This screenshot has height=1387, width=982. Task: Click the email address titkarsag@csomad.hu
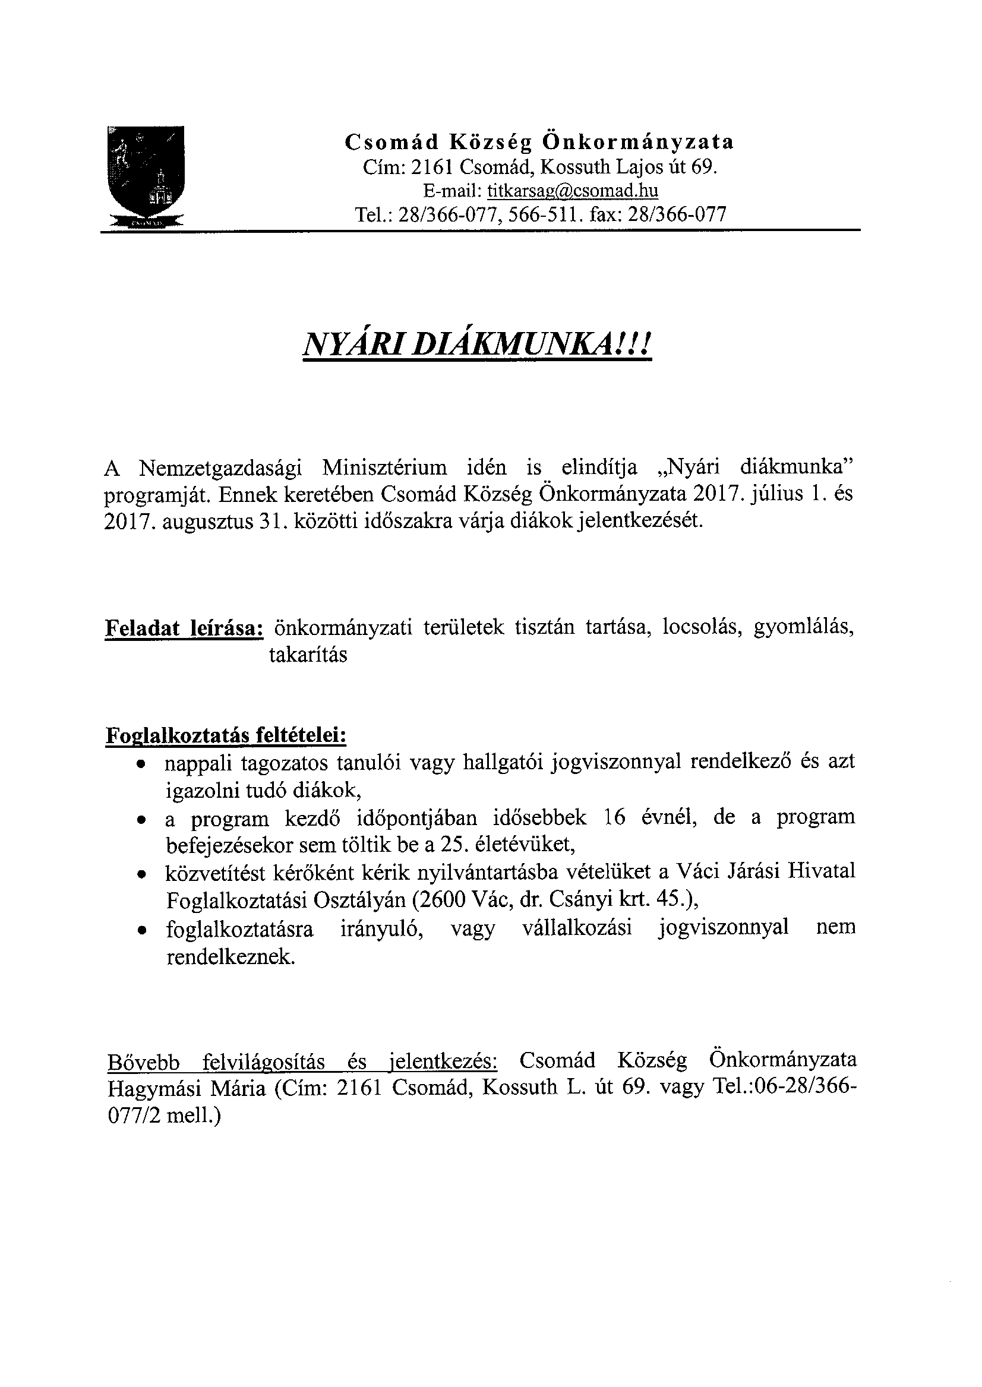point(573,191)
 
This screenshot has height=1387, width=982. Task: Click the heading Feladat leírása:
point(184,629)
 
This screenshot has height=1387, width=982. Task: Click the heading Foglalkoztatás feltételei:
point(226,735)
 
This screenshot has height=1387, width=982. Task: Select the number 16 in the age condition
point(615,818)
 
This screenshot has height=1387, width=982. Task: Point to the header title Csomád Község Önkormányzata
point(539,142)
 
